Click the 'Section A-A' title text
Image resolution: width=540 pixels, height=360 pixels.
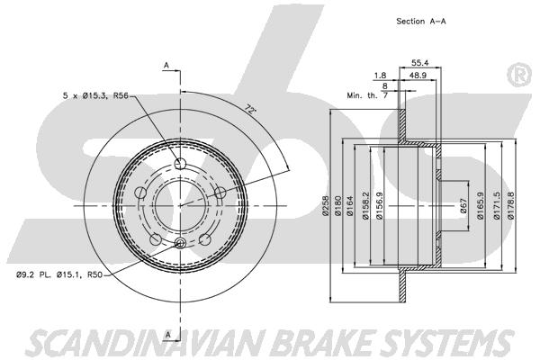[421, 22]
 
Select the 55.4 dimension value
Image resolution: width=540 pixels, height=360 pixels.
[419, 63]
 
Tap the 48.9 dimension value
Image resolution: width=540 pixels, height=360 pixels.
[418, 76]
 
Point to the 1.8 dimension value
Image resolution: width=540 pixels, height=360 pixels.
[380, 76]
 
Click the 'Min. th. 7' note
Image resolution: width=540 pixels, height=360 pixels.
[367, 95]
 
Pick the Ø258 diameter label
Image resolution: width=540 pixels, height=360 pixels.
[326, 206]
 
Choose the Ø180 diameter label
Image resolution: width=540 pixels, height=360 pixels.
[337, 206]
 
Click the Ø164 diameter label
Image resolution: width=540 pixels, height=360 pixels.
[350, 206]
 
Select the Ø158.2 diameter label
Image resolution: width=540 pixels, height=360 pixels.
[365, 206]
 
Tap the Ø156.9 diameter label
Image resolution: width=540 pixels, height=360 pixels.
[380, 206]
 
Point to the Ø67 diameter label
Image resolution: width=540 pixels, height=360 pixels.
[463, 206]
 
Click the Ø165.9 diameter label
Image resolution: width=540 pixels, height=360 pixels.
[481, 206]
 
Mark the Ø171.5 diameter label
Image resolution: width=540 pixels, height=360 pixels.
[496, 206]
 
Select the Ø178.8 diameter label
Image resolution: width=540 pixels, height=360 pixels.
[511, 206]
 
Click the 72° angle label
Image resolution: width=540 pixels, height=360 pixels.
[251, 109]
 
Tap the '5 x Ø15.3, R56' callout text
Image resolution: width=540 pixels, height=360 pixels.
[95, 95]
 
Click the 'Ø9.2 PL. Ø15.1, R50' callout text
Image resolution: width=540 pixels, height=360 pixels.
[59, 274]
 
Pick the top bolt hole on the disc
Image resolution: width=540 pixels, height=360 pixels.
[180, 164]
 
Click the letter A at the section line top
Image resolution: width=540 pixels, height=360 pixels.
[166, 66]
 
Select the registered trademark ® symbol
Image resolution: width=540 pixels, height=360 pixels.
[519, 75]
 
